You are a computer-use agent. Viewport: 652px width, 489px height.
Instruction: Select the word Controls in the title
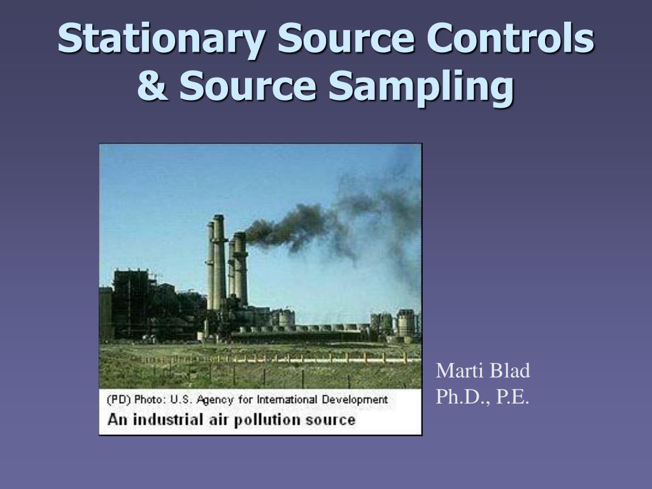[x=510, y=38]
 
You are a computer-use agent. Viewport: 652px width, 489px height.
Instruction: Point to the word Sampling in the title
[x=421, y=87]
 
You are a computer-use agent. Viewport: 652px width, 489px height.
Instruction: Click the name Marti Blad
[x=483, y=371]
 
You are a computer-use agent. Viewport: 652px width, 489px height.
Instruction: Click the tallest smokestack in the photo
[x=219, y=262]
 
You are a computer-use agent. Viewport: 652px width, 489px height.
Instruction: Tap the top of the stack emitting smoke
[x=240, y=235]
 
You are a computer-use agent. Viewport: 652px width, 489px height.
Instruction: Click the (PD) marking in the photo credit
[x=119, y=400]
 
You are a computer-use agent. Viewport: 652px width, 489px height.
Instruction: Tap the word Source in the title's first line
[x=346, y=38]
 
